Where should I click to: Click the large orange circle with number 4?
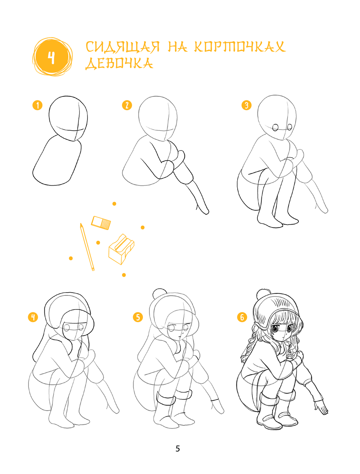coord(52,57)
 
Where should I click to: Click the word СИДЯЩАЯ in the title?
coord(122,47)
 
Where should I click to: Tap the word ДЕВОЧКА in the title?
coord(120,64)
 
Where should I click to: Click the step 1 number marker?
coord(37,105)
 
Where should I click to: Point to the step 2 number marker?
coord(127,105)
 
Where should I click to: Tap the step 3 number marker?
coord(246,105)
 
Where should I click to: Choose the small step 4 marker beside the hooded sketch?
coord(33,317)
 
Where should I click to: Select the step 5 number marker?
coord(138,317)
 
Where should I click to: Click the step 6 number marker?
coord(242,317)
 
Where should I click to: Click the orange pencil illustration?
coord(87,247)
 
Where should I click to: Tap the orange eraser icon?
coord(101,223)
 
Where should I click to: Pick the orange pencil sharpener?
coord(121,249)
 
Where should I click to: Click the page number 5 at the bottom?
coord(177,448)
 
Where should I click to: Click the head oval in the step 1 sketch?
coord(68,118)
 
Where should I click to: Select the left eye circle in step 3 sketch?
coord(275,127)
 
